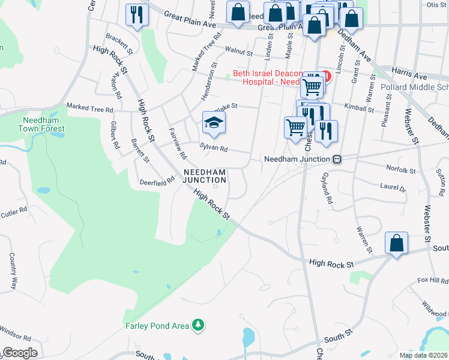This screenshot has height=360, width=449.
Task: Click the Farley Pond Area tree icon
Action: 198,326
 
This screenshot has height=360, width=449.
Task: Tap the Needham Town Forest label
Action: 41,124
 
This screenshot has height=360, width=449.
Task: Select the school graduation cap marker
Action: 213,124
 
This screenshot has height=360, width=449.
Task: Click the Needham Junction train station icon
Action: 337,160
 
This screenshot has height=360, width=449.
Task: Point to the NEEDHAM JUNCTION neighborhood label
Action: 205,176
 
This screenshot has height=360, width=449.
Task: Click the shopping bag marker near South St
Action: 396,244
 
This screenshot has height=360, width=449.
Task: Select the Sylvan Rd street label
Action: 214,148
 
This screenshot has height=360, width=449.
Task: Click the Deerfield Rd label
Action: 157,182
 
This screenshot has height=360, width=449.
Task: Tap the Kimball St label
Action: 359,108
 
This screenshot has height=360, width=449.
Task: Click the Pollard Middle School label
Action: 415,87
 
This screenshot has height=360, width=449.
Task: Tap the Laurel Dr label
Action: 393,187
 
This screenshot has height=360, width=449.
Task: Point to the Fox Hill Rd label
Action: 433,280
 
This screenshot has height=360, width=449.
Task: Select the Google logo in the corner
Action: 20,353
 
